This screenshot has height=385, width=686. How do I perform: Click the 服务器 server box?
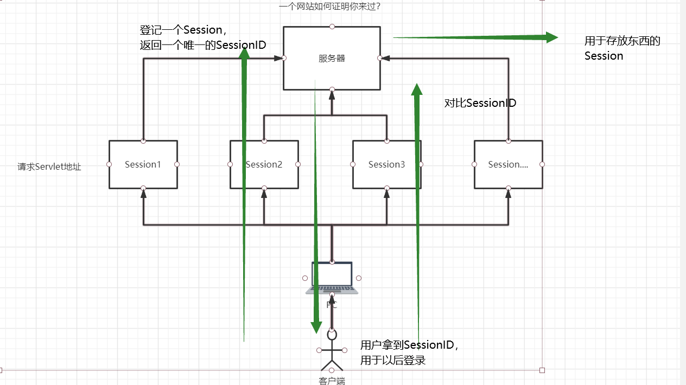click(x=332, y=58)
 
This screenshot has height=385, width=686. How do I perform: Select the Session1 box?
click(x=143, y=164)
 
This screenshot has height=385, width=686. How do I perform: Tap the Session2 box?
click(x=264, y=164)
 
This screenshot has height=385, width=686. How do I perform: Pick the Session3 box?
click(x=386, y=164)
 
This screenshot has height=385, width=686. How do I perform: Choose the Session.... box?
click(x=508, y=164)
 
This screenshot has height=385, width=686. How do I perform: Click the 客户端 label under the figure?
click(x=332, y=380)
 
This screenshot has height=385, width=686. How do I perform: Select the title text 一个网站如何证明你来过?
click(x=333, y=7)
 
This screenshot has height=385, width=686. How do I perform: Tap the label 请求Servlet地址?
click(x=49, y=167)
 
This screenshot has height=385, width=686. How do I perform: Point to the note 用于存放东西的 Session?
click(x=622, y=48)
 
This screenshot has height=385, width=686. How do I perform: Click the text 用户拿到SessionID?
click(x=409, y=345)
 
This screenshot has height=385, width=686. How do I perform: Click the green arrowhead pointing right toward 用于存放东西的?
click(x=552, y=37)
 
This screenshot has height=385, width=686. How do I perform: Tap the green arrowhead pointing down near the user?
click(x=316, y=327)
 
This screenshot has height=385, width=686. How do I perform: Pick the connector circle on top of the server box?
click(x=332, y=26)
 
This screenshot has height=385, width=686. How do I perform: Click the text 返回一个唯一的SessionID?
click(x=202, y=45)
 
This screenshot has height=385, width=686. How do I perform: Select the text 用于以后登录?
click(x=392, y=360)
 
